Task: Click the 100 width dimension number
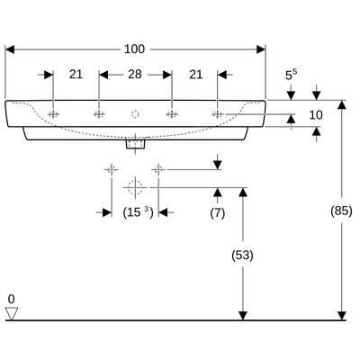click(134, 49)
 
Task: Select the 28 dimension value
click(135, 75)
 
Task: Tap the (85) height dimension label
click(341, 211)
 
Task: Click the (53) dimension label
click(242, 256)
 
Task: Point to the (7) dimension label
click(218, 213)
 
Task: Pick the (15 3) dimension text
click(138, 212)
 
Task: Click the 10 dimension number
click(316, 115)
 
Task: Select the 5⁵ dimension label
click(291, 75)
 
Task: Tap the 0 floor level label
click(11, 299)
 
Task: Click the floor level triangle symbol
click(12, 313)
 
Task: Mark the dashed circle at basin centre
click(135, 114)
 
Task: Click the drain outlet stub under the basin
click(135, 144)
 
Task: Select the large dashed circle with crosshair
click(135, 187)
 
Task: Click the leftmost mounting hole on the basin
click(53, 114)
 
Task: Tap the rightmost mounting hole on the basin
click(217, 114)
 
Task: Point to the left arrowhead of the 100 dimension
click(10, 49)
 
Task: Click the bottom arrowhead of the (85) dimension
click(341, 316)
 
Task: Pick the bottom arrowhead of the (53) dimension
click(243, 316)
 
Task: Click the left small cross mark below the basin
click(112, 170)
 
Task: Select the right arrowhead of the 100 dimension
click(261, 49)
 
